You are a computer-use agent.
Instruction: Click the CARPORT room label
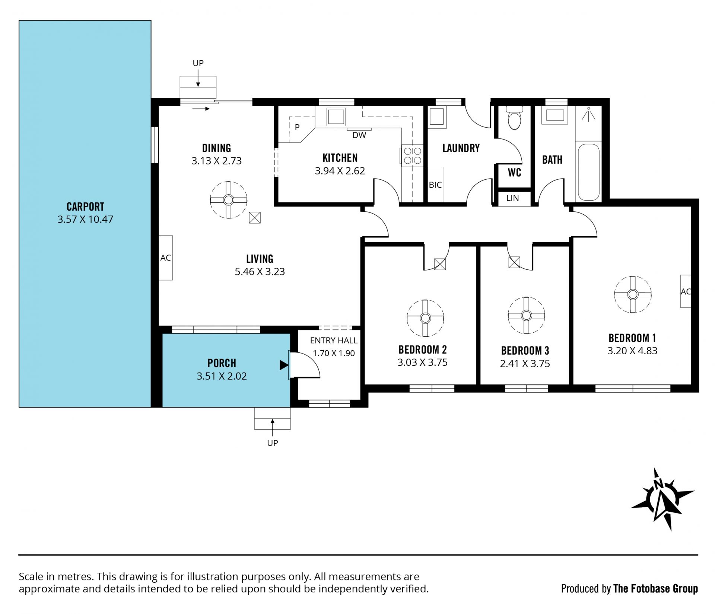pos(85,207)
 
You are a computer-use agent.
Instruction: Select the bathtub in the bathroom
pos(589,172)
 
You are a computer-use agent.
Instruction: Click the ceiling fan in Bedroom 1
pos(633,294)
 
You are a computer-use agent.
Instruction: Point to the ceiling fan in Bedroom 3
pos(526,316)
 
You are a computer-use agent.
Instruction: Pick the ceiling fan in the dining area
pos(228,200)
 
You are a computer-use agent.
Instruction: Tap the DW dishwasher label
pos(359,135)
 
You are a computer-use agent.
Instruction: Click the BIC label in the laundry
pos(435,185)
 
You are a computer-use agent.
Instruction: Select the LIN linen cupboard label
pos(513,198)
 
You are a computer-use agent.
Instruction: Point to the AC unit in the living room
pos(166,258)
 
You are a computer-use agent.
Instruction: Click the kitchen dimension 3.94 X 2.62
pos(340,171)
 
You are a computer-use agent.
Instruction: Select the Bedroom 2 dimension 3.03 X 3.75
pos(422,362)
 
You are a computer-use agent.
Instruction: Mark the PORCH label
pos(222,363)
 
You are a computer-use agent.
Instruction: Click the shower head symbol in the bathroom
pos(589,113)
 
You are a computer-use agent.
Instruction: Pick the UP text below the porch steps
pos(273,443)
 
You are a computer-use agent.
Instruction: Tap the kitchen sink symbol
pos(337,116)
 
